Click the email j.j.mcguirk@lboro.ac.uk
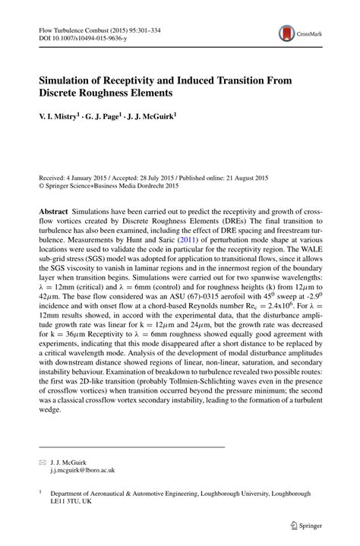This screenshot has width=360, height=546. (x=78, y=471)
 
